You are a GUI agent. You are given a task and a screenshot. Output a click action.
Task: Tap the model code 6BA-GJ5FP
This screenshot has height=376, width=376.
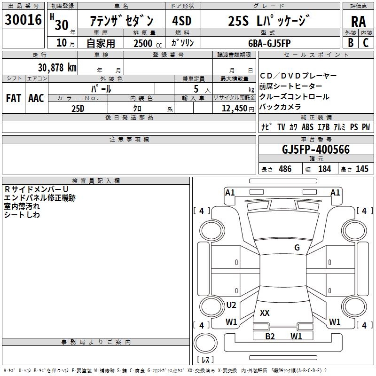(269, 43)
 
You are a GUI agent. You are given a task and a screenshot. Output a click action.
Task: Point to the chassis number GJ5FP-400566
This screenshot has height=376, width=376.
(315, 149)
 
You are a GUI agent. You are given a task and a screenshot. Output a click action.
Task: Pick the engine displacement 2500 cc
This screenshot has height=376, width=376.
(143, 43)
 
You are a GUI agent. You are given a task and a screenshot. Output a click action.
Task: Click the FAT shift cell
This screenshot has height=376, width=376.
(14, 98)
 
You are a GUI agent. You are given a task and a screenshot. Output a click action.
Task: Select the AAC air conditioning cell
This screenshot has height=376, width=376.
(36, 98)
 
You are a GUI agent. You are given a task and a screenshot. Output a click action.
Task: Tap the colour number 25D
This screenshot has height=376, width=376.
(78, 108)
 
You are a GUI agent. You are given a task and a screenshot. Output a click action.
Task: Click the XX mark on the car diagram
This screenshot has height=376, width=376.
(265, 313)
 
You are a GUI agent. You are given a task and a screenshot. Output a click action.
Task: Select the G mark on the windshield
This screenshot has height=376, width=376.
(297, 248)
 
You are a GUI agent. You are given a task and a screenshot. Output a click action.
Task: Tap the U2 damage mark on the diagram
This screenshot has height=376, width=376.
(231, 305)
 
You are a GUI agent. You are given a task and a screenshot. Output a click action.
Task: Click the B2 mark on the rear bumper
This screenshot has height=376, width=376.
(270, 336)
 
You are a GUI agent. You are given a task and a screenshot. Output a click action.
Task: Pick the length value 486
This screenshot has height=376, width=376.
(285, 169)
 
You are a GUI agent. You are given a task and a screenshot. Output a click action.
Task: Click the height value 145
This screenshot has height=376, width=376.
(362, 169)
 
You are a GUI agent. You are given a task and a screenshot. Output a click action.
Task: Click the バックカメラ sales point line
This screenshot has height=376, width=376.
(280, 107)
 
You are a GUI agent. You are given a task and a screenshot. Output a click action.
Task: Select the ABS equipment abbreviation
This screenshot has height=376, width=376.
(307, 127)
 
